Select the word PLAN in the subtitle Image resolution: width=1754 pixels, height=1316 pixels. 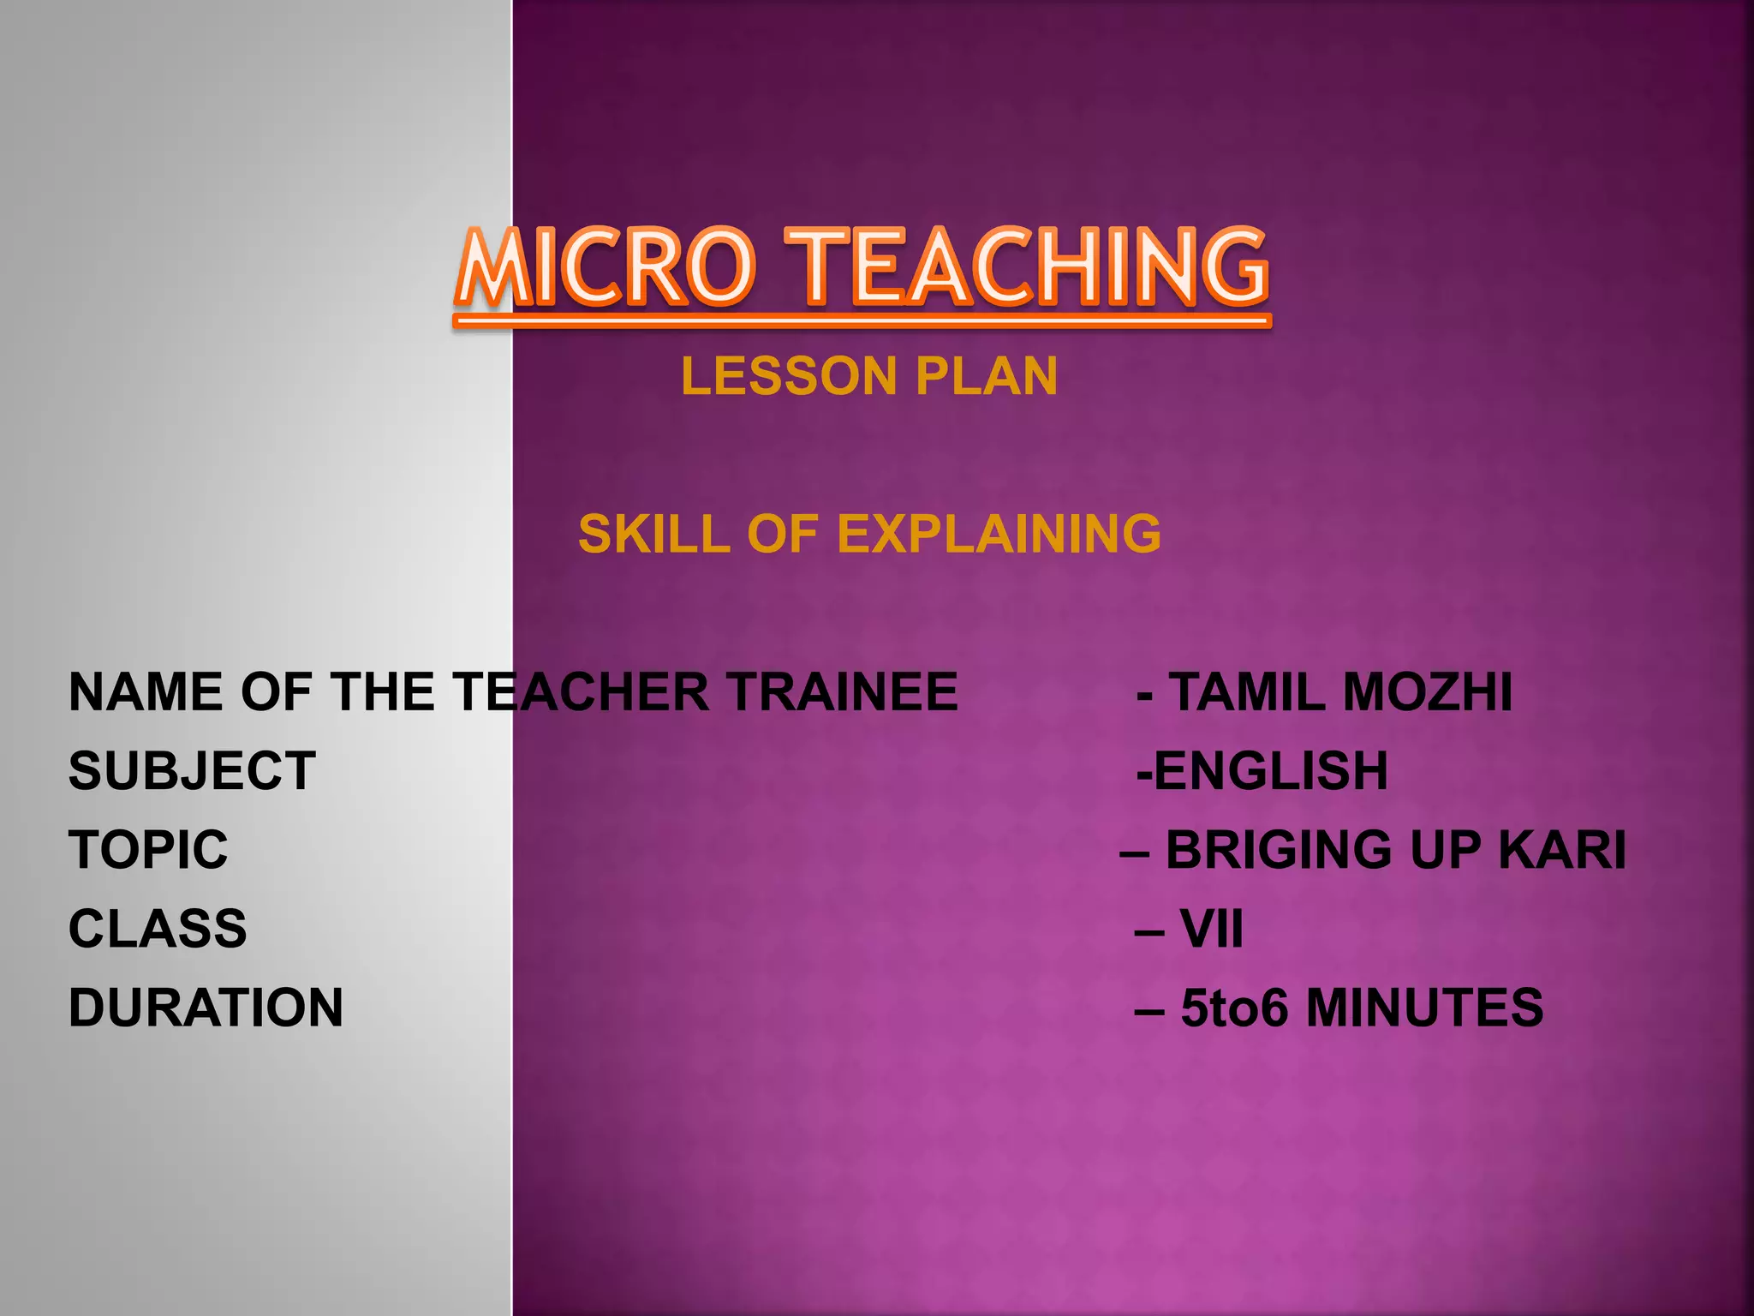pyautogui.click(x=987, y=377)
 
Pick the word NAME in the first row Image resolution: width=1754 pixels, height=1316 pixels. pyautogui.click(x=146, y=692)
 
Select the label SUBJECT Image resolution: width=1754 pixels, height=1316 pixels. pyautogui.click(x=192, y=771)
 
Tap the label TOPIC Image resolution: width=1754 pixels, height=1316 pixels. pyautogui.click(x=148, y=850)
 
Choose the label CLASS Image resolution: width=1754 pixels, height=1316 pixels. pyautogui.click(x=158, y=929)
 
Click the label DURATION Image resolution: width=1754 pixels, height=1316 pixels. pyautogui.click(x=206, y=1008)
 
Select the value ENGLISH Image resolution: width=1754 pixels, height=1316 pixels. pyautogui.click(x=1271, y=771)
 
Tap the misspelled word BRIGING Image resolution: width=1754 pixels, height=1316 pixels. pyautogui.click(x=1279, y=850)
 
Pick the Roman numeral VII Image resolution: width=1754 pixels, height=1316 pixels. pyautogui.click(x=1211, y=929)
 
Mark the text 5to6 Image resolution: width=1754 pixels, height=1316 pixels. pyautogui.click(x=1234, y=1008)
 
